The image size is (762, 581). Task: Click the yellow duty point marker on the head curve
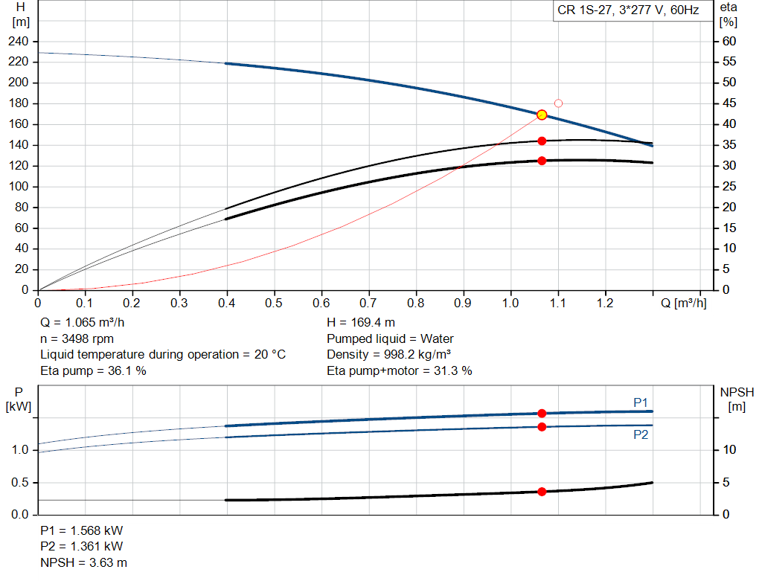pyautogui.click(x=542, y=115)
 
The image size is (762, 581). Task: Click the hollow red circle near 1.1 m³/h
pyautogui.click(x=558, y=103)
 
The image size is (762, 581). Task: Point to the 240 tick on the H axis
pyautogui.click(x=18, y=41)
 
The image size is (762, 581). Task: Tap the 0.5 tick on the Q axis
pyautogui.click(x=275, y=304)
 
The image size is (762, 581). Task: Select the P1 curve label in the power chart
pyautogui.click(x=640, y=402)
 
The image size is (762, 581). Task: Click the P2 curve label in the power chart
pyautogui.click(x=640, y=434)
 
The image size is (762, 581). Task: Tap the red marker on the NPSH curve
pyautogui.click(x=542, y=492)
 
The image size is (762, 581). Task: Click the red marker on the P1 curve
pyautogui.click(x=542, y=413)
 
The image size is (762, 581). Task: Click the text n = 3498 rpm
pyautogui.click(x=77, y=338)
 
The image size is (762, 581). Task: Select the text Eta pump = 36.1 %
pyautogui.click(x=93, y=370)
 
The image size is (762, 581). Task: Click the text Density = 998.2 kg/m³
pyautogui.click(x=389, y=354)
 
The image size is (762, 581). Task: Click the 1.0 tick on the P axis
pyautogui.click(x=19, y=450)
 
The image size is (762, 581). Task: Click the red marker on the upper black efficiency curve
pyautogui.click(x=542, y=141)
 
